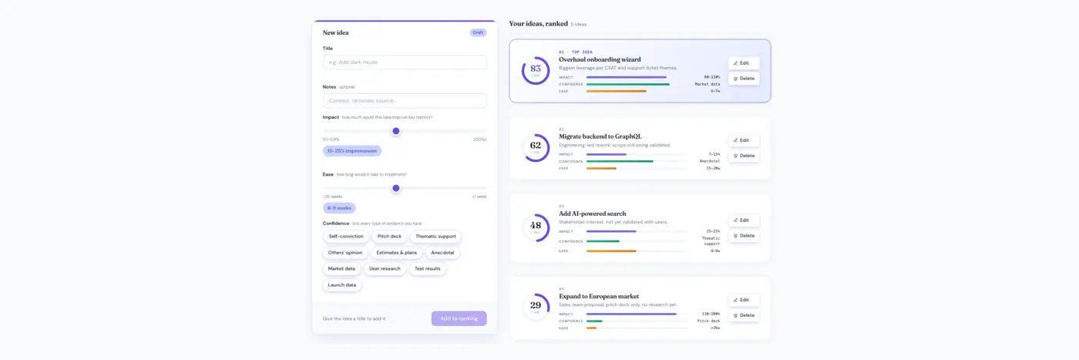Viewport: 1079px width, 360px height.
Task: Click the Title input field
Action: tap(405, 62)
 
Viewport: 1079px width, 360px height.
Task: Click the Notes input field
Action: tap(405, 100)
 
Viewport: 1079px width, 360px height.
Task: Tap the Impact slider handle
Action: tap(396, 131)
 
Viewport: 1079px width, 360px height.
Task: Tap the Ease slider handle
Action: tap(396, 188)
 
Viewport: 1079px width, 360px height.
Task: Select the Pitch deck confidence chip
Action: tap(389, 237)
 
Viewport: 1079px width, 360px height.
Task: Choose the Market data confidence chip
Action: tap(341, 269)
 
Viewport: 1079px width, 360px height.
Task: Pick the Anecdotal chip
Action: tap(442, 253)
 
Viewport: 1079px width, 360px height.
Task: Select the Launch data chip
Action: tap(342, 285)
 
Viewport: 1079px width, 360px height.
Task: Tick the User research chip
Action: tap(385, 269)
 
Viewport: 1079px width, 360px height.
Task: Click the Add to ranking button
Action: tap(459, 318)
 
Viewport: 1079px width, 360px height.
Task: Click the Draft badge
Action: tap(478, 32)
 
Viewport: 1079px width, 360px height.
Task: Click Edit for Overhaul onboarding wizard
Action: tap(743, 63)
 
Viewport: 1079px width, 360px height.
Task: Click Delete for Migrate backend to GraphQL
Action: tap(743, 156)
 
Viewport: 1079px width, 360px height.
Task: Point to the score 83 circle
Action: tap(536, 70)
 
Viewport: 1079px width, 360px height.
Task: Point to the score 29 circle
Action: tap(536, 307)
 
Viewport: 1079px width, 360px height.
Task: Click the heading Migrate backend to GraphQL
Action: tap(600, 136)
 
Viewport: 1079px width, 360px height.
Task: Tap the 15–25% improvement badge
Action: tap(351, 151)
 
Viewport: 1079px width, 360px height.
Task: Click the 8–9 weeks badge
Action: tap(339, 208)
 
